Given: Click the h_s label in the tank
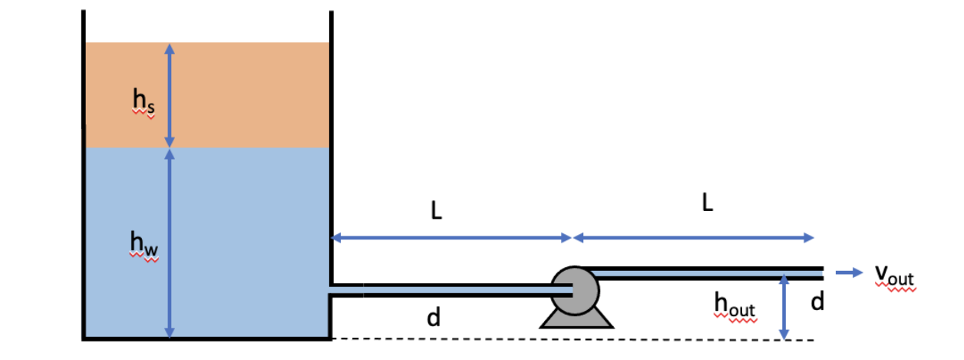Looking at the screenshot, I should coord(143,101).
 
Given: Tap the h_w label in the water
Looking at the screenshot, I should coord(144,246).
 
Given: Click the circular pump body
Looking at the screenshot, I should coord(576,290).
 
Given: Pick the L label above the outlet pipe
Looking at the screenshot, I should coord(707,203).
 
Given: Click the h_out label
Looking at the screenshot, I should coord(735,306).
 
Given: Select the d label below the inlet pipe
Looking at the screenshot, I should coord(433,316).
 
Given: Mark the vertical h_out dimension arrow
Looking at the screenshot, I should coord(784,307).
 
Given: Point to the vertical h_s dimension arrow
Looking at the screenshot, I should coord(170,94).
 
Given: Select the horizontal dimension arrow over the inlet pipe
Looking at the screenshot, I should coord(451,238).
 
